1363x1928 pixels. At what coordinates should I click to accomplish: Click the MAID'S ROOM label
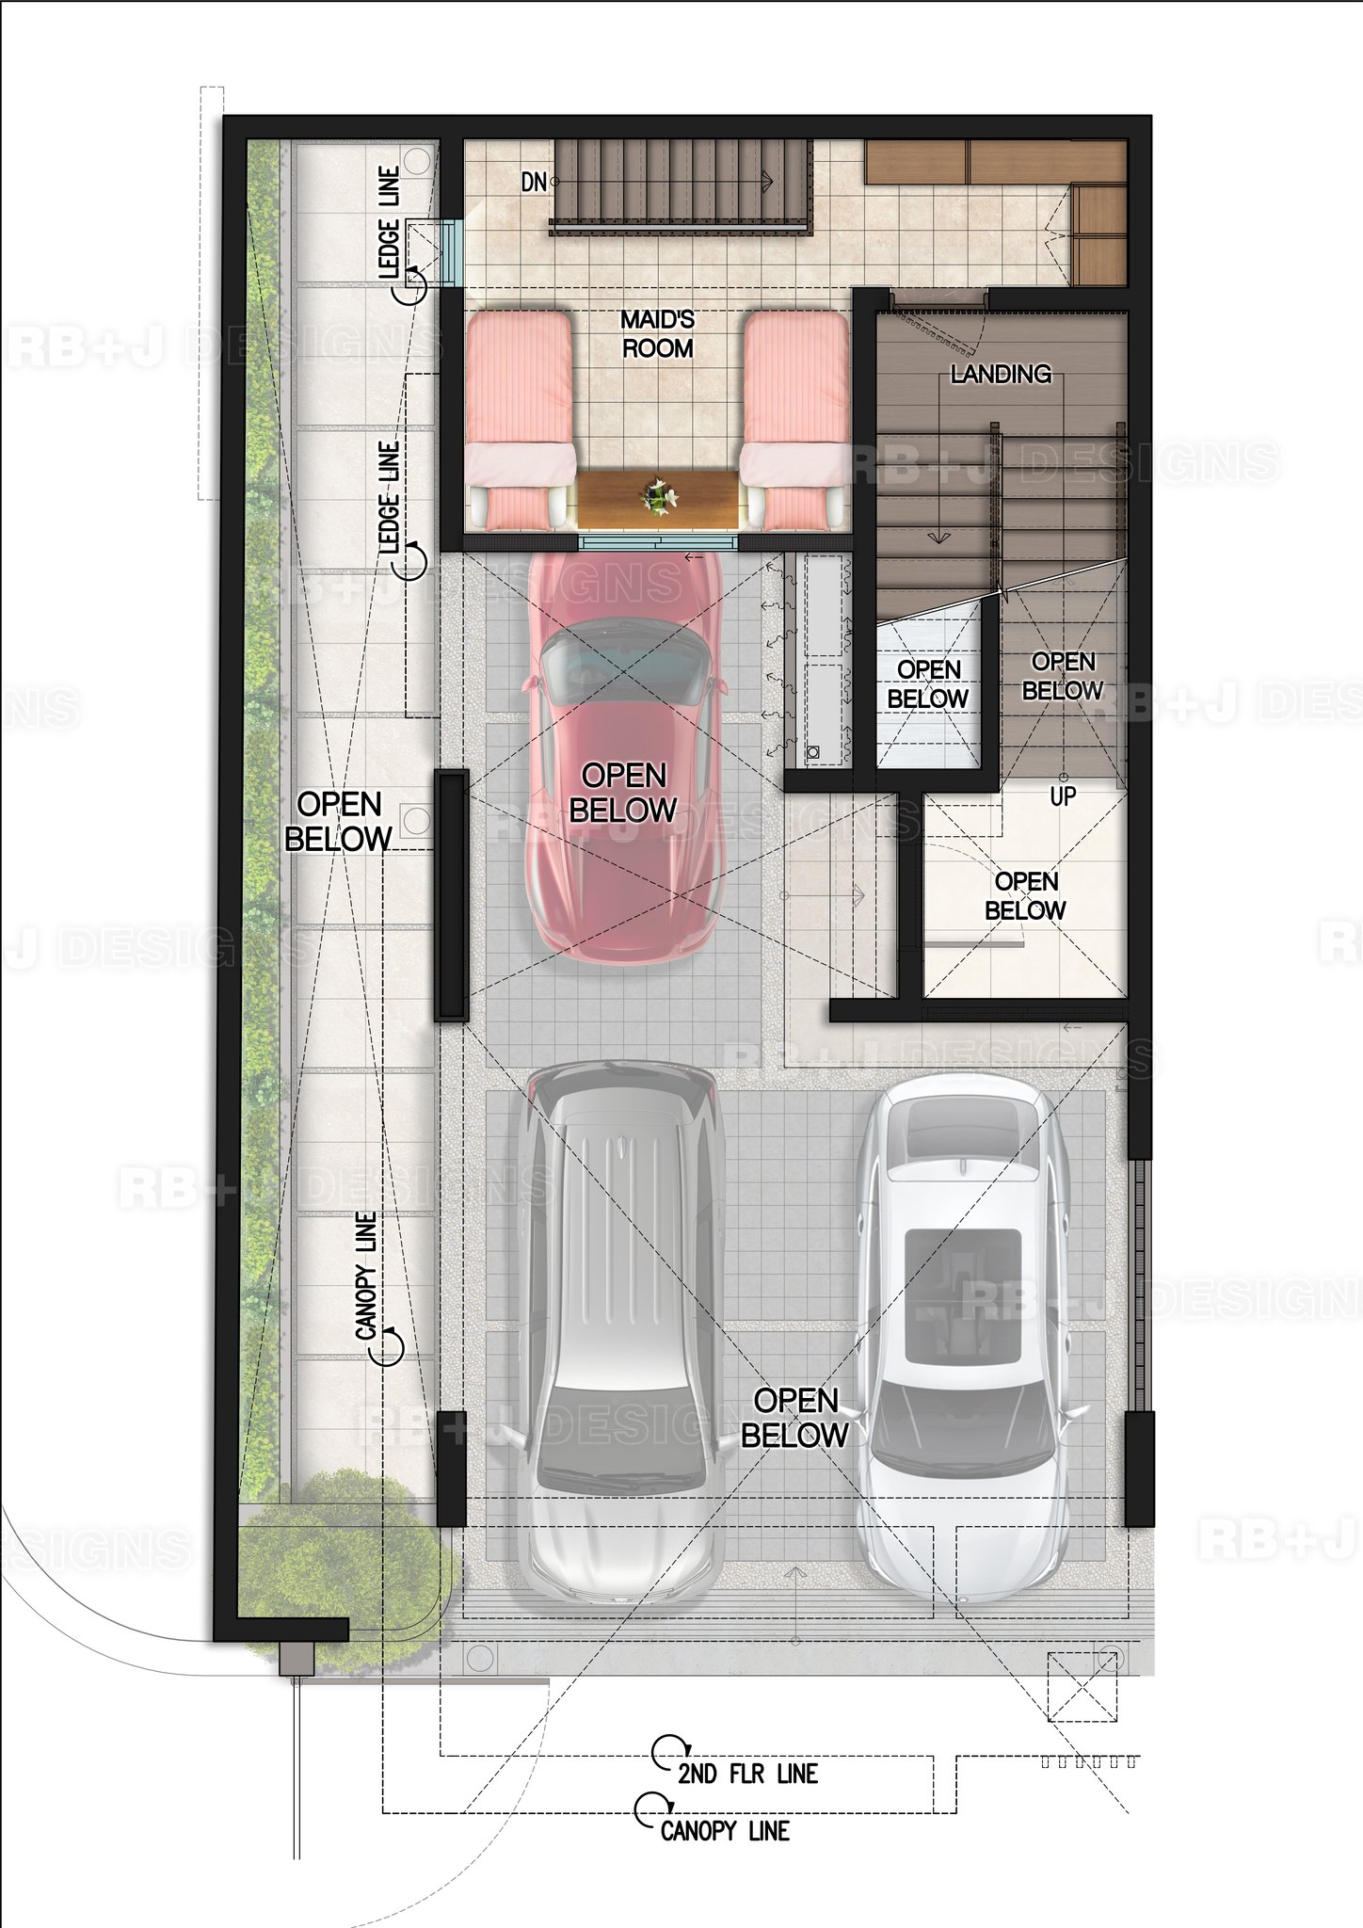point(657,334)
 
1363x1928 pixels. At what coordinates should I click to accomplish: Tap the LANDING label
point(1001,374)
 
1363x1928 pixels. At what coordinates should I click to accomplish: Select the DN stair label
point(533,182)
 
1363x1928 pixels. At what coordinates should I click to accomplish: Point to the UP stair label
point(1063,796)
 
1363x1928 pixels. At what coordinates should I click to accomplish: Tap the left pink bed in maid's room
point(520,419)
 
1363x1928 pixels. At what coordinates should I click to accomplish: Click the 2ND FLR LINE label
point(747,1775)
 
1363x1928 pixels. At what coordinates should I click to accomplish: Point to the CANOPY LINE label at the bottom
point(725,1831)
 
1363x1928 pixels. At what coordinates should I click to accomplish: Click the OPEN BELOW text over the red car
point(623,793)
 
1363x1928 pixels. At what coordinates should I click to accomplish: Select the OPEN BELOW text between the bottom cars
point(795,1418)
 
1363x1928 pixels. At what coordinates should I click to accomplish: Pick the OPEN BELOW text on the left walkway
point(338,821)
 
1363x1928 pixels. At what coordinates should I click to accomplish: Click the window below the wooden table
point(657,542)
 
